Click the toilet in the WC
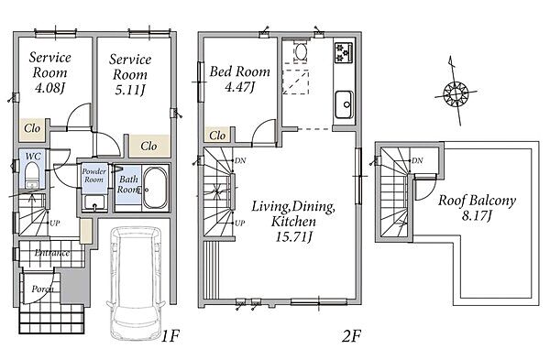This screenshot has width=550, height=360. [32, 174]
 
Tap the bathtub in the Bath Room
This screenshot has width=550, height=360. [156, 189]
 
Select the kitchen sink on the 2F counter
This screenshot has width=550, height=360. [344, 104]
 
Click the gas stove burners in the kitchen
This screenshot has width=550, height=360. [344, 52]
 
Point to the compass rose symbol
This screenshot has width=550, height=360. [456, 93]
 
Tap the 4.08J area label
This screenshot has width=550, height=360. [50, 88]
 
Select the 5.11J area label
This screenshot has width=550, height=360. [130, 90]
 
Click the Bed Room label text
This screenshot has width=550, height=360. [240, 71]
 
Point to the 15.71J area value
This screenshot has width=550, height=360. [293, 237]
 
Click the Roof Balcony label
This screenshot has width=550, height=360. [477, 201]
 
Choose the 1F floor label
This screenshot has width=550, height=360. [170, 336]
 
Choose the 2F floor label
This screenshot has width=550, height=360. [351, 336]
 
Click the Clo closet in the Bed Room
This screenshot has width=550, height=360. [217, 135]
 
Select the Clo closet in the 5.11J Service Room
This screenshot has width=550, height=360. [148, 146]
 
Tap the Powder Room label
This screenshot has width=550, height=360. [94, 175]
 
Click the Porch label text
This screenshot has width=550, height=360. [43, 289]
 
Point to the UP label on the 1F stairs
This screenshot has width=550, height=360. [55, 223]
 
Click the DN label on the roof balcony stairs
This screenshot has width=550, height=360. [417, 160]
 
